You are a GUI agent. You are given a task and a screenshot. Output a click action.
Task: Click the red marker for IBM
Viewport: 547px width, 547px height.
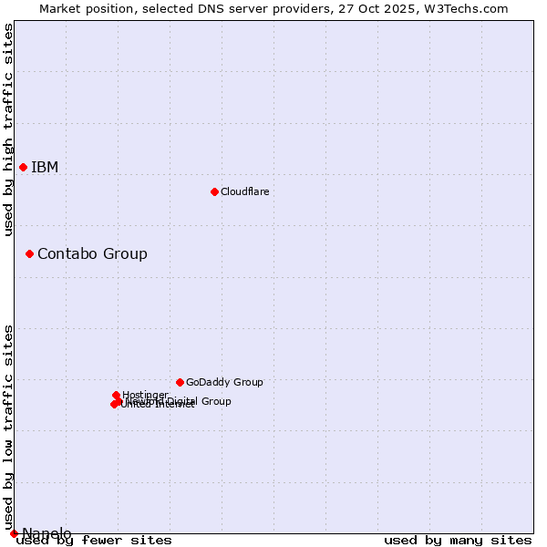click(x=23, y=167)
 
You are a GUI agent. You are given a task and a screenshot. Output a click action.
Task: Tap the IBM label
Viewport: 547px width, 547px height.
click(x=45, y=167)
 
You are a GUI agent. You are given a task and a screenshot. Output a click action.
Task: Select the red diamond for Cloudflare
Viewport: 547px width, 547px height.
click(x=214, y=191)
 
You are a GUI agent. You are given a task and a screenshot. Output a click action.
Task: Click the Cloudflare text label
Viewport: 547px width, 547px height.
click(x=244, y=191)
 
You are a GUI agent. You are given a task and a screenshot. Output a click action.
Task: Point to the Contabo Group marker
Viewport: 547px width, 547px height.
click(x=29, y=253)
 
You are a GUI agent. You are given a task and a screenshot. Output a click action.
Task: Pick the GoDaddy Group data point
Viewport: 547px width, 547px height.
click(x=180, y=382)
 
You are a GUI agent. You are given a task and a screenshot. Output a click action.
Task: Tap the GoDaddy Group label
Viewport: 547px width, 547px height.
click(x=224, y=382)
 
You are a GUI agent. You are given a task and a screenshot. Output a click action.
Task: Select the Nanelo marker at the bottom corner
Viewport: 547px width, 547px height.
click(x=14, y=533)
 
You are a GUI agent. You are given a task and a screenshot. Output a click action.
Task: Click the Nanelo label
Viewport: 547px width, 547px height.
click(x=46, y=533)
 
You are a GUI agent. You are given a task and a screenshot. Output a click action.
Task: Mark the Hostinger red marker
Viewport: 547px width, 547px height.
click(x=116, y=395)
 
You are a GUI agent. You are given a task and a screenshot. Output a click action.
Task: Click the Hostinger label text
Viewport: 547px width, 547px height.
click(x=145, y=395)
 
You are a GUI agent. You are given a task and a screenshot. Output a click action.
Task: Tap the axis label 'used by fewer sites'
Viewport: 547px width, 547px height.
click(x=94, y=541)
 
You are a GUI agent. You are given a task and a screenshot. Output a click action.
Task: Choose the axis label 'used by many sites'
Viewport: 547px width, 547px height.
click(x=458, y=541)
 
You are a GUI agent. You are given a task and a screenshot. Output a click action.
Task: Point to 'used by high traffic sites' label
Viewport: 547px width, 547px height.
click(x=8, y=129)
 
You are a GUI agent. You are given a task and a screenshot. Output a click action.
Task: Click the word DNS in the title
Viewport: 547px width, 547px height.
click(x=206, y=8)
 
